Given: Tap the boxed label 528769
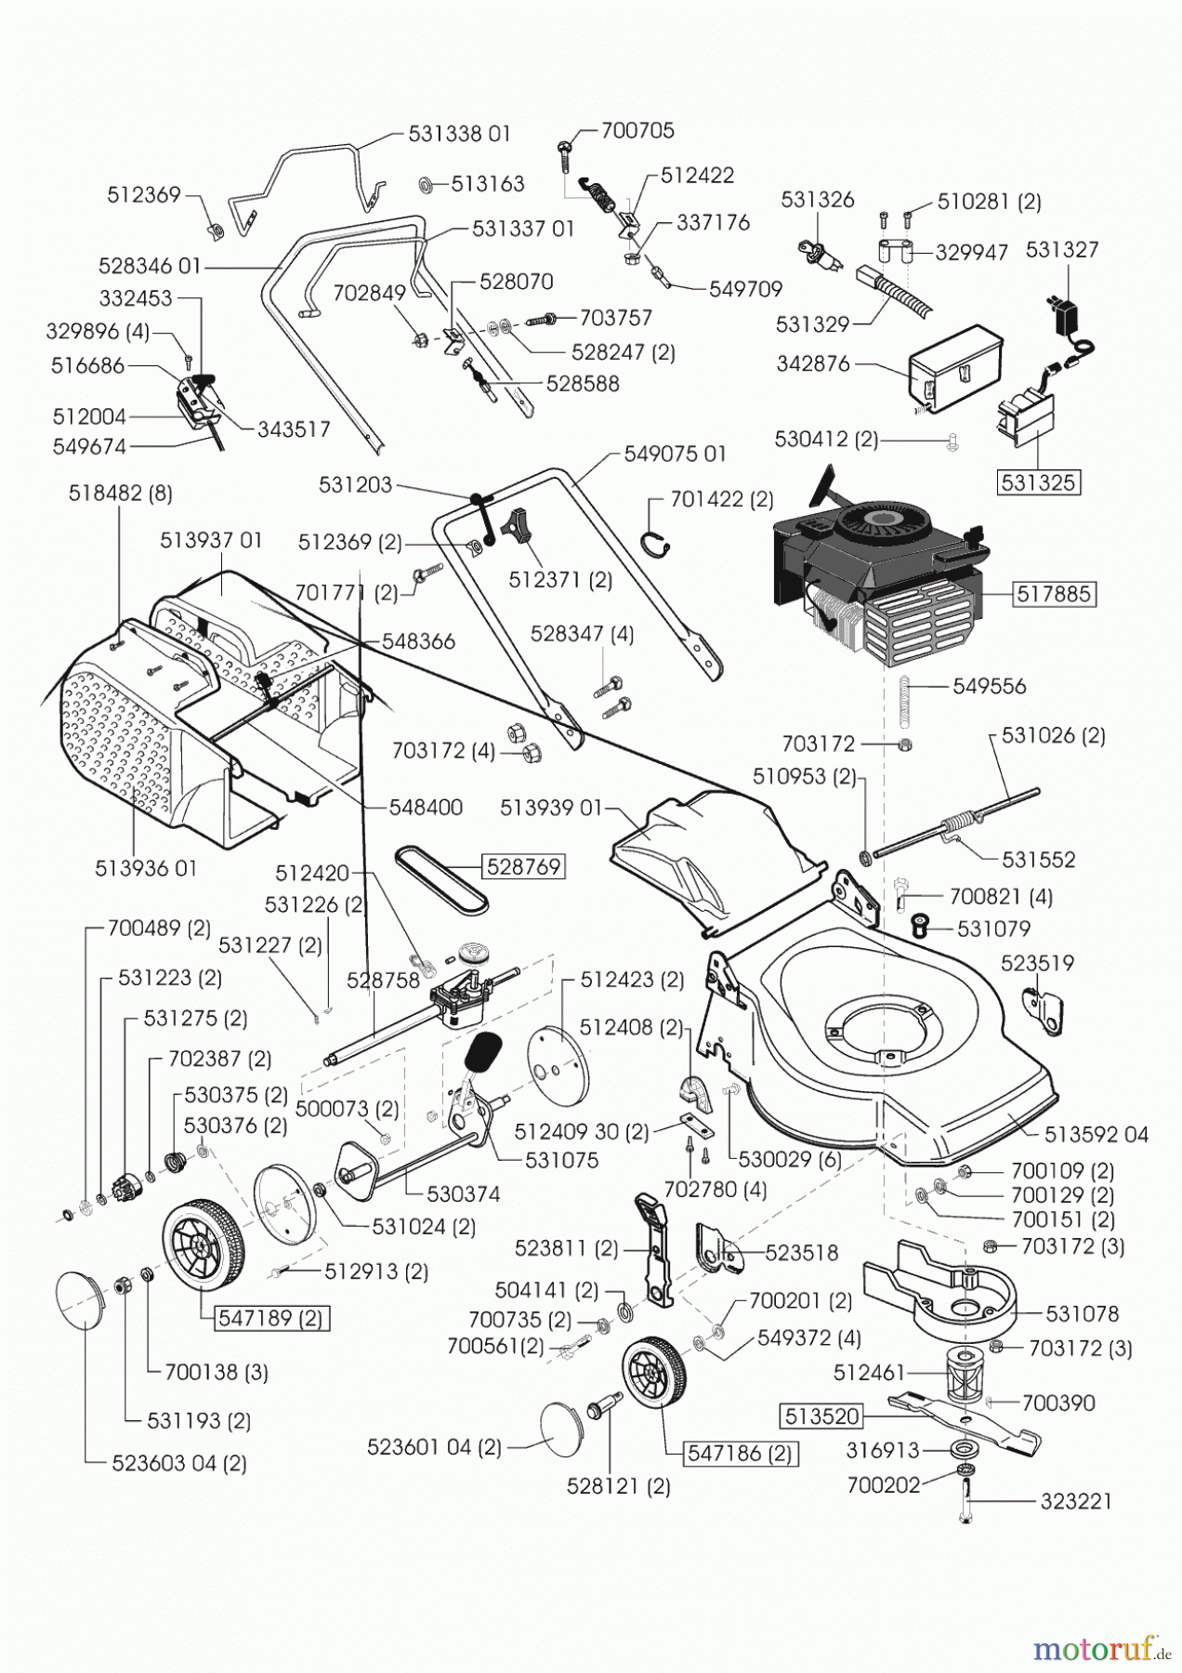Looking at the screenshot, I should tap(523, 866).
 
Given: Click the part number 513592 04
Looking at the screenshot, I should tap(1097, 1135).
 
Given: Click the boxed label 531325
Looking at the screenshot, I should tap(1039, 482).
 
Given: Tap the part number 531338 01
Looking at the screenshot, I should tap(460, 134).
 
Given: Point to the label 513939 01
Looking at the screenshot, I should tap(551, 808).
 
